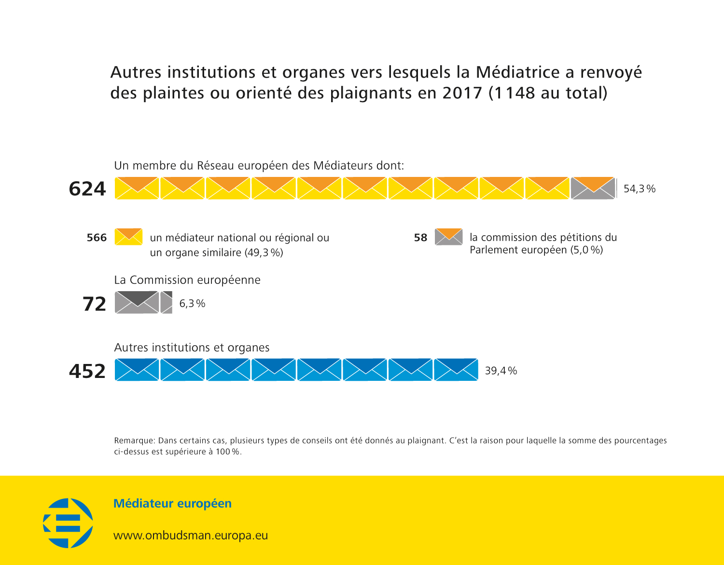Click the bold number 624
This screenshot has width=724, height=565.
[x=87, y=188]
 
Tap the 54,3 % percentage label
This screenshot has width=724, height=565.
[x=640, y=189]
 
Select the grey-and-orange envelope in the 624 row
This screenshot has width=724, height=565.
[x=593, y=188]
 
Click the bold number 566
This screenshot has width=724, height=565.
[x=97, y=238]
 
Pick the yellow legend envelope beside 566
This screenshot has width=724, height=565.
[x=128, y=237]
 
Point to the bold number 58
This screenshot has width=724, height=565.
[x=420, y=238]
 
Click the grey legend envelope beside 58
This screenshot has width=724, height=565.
[x=448, y=237]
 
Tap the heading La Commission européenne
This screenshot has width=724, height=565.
[x=187, y=280]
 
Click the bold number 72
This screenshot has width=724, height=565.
[x=94, y=304]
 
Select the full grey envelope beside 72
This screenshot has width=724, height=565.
[x=137, y=303]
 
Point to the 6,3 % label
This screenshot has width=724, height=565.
[x=192, y=304]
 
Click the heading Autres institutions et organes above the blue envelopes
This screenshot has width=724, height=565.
[x=192, y=348]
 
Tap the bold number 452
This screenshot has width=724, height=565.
[x=87, y=371]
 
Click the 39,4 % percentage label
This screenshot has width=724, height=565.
[x=501, y=371]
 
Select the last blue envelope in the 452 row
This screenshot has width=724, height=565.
[x=456, y=370]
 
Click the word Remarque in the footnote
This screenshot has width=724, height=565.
[x=134, y=441]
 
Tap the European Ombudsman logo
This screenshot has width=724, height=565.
[x=68, y=523]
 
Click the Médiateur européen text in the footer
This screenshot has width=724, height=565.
[x=172, y=504]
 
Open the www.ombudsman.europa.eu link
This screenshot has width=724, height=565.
[x=191, y=536]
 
